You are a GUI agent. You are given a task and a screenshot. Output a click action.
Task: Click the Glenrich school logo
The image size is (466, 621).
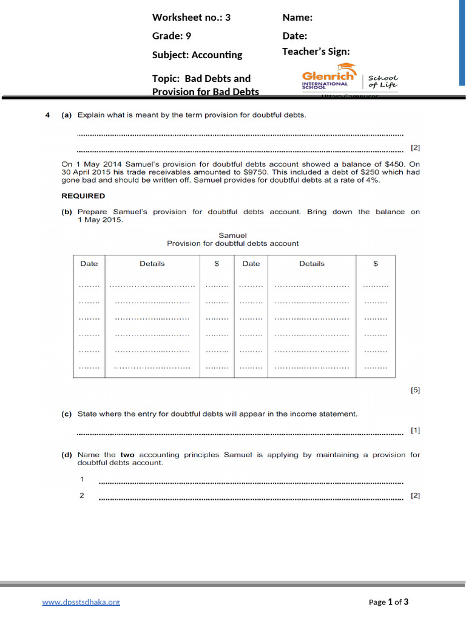349,78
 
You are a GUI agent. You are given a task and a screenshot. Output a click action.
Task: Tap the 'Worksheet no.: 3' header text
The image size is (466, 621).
191,17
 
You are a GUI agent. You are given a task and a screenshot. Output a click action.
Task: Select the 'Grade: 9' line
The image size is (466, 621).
172,36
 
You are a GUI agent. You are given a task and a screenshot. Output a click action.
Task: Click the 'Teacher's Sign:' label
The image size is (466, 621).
316,52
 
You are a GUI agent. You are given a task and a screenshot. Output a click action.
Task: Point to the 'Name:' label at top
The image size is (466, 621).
297,17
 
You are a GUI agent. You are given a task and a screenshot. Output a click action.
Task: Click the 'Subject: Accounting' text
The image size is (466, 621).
197,55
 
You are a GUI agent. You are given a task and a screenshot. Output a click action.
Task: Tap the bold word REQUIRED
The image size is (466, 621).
83,196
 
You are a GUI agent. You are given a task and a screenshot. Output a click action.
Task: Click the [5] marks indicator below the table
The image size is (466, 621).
415,391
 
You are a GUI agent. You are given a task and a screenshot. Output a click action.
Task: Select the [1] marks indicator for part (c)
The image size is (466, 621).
415,431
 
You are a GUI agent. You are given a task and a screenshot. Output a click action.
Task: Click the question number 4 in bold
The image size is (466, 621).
47,115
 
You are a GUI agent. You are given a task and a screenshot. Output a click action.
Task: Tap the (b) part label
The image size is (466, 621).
67,212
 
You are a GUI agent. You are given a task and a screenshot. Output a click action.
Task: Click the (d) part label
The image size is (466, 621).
67,455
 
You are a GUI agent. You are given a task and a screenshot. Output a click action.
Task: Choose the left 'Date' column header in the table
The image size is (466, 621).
89,264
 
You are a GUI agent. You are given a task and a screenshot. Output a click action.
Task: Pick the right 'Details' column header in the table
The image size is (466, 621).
311,264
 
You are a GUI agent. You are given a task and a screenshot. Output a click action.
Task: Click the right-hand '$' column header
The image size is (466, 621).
376,264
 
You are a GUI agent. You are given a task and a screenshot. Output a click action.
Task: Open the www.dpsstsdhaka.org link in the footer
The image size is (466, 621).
81,602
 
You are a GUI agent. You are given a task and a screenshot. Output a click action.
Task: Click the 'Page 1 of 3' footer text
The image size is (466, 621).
388,602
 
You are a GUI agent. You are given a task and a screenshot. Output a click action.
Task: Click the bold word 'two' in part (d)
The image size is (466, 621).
127,455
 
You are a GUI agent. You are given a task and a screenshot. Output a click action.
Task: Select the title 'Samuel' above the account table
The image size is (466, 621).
232,235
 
